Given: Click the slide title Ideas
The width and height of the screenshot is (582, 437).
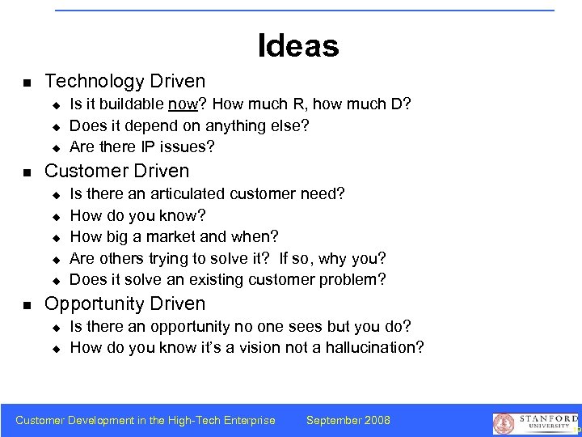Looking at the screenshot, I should click(x=298, y=45).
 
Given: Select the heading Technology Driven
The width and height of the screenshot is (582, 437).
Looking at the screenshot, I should click(x=125, y=81).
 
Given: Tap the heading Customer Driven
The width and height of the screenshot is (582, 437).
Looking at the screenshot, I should click(x=117, y=171).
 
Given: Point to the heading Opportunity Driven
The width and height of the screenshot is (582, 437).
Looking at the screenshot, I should click(x=125, y=303).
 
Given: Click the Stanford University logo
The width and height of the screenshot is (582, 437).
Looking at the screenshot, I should click(x=536, y=422).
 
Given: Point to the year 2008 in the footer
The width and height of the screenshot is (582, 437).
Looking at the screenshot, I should click(x=377, y=420).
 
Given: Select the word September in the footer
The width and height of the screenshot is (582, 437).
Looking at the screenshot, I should click(x=333, y=420).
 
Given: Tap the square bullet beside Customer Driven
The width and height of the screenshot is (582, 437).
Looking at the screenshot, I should click(x=27, y=172).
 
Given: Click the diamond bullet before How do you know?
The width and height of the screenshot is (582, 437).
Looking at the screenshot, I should click(x=57, y=217).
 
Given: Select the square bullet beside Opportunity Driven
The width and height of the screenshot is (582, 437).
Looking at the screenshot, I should click(x=27, y=305).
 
